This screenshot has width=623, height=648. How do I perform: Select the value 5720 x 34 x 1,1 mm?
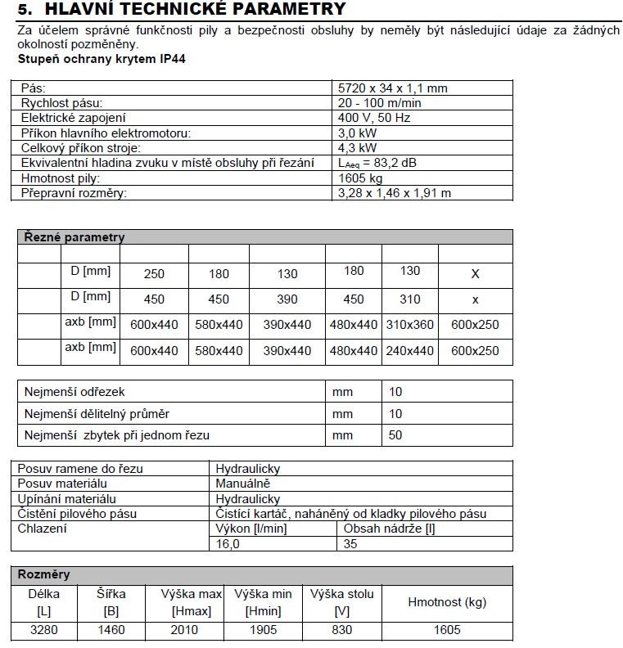point(393,88)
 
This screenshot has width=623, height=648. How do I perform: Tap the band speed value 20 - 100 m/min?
point(381,102)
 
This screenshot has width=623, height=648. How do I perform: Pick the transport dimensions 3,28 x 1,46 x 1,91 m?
point(395,193)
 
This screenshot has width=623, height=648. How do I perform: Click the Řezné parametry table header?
point(72,237)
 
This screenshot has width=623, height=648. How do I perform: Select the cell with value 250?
point(154,274)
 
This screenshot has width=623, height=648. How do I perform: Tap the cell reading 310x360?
point(410,325)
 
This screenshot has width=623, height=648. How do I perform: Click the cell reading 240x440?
point(410,351)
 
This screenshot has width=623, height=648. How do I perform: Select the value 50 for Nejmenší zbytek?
point(395,435)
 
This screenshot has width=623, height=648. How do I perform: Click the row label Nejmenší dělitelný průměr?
point(97,414)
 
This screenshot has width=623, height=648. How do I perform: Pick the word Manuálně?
point(243,484)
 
